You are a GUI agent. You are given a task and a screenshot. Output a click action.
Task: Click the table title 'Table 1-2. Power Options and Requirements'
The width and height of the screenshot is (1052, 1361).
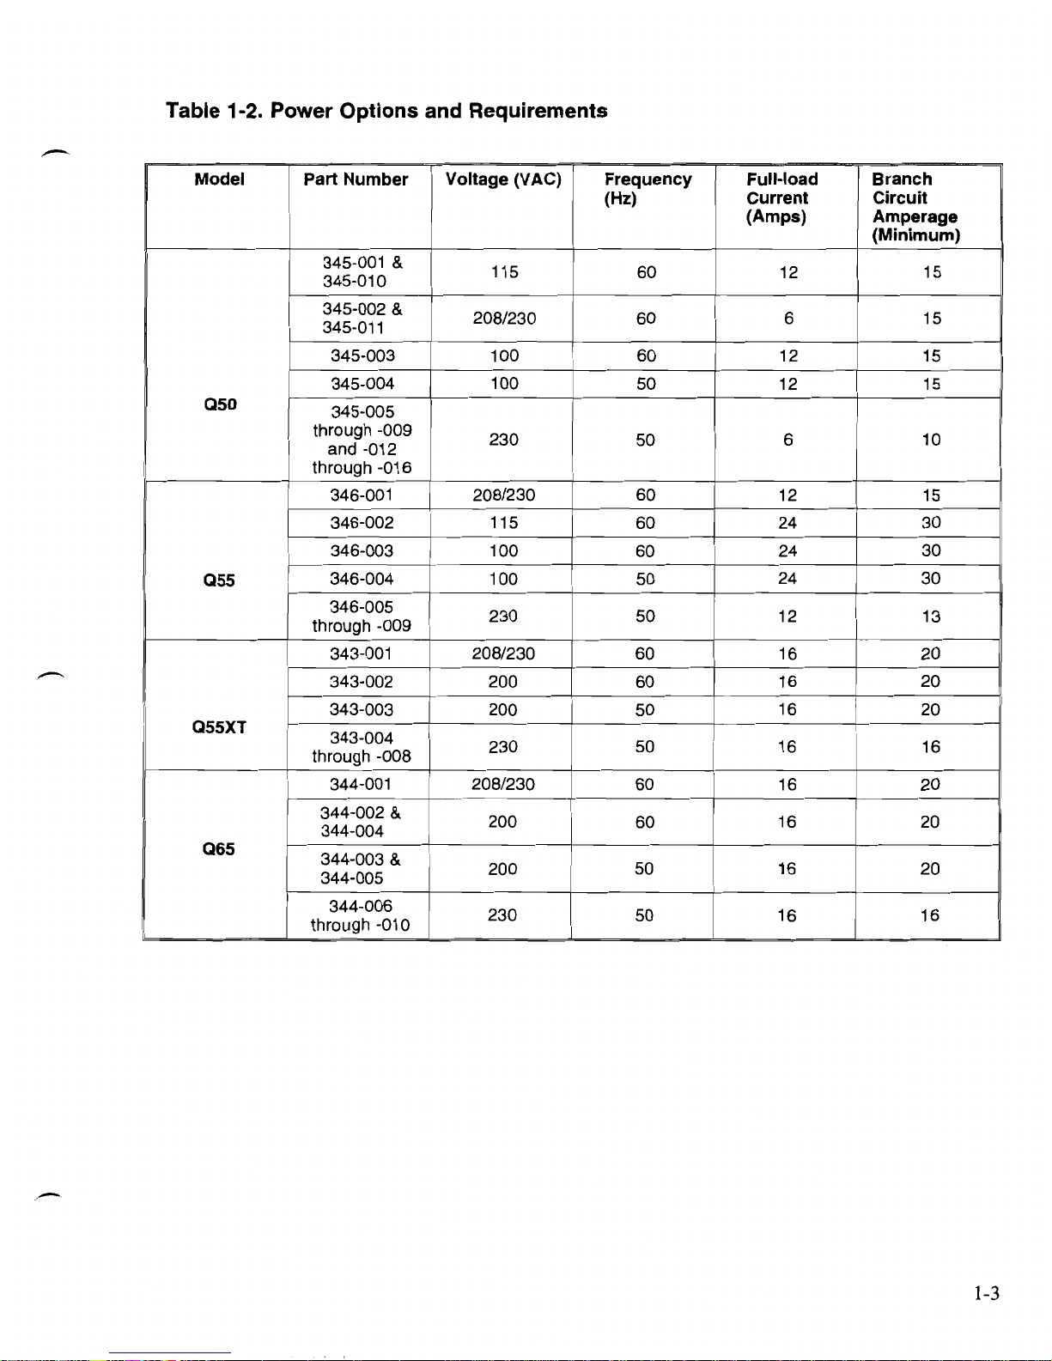[386, 111]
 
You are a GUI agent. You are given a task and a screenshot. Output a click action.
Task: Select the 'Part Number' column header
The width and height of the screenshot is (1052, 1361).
[356, 179]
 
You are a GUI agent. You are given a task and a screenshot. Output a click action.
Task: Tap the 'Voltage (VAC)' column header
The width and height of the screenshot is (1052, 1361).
[503, 179]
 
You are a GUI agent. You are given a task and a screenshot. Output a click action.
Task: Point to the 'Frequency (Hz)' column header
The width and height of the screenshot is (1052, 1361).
[647, 189]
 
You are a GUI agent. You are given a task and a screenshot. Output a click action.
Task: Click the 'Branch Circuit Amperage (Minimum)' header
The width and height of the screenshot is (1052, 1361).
[915, 207]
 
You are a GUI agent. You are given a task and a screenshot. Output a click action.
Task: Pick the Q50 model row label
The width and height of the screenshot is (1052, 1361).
[220, 404]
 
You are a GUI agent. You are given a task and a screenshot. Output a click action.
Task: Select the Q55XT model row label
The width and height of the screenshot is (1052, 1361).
[219, 727]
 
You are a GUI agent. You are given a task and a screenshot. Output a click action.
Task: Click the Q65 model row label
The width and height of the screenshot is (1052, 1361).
[218, 849]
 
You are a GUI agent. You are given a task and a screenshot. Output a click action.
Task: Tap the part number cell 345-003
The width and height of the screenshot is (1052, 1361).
[362, 355]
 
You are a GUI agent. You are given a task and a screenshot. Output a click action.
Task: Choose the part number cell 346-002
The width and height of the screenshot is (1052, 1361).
[362, 523]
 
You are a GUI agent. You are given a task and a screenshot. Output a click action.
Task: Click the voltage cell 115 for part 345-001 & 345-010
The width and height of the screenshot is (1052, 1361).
[504, 272]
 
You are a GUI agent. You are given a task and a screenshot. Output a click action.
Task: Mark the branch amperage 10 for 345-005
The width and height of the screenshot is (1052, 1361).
[931, 440]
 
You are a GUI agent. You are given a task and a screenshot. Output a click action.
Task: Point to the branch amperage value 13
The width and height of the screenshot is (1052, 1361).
[931, 617]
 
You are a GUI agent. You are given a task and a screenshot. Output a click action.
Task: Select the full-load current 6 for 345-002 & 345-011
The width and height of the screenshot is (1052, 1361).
[788, 319]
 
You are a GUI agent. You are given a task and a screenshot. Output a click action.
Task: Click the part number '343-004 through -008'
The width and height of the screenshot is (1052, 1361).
[361, 747]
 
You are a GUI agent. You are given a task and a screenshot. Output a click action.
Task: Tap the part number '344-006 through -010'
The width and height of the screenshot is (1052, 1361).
[360, 915]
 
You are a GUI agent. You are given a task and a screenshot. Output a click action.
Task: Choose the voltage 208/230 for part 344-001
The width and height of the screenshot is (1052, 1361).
[502, 784]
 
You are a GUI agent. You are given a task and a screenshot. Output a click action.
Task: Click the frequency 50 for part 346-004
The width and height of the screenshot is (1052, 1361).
[645, 579]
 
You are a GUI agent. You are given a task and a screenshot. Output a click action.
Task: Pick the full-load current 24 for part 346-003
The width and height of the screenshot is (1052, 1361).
[787, 550]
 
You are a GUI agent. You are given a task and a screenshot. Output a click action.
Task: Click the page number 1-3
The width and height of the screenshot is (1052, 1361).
[986, 1293]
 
